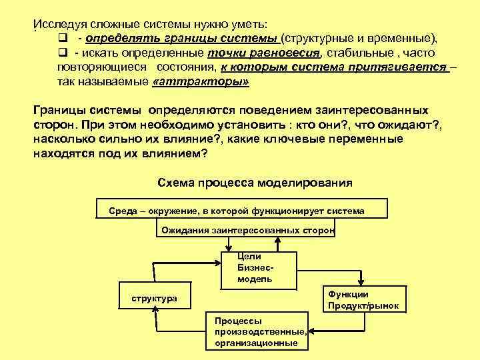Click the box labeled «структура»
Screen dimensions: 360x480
(x=153, y=298)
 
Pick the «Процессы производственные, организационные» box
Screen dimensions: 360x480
(x=257, y=332)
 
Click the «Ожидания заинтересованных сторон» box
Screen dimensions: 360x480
(x=246, y=230)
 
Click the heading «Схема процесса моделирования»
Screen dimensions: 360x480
(x=254, y=182)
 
